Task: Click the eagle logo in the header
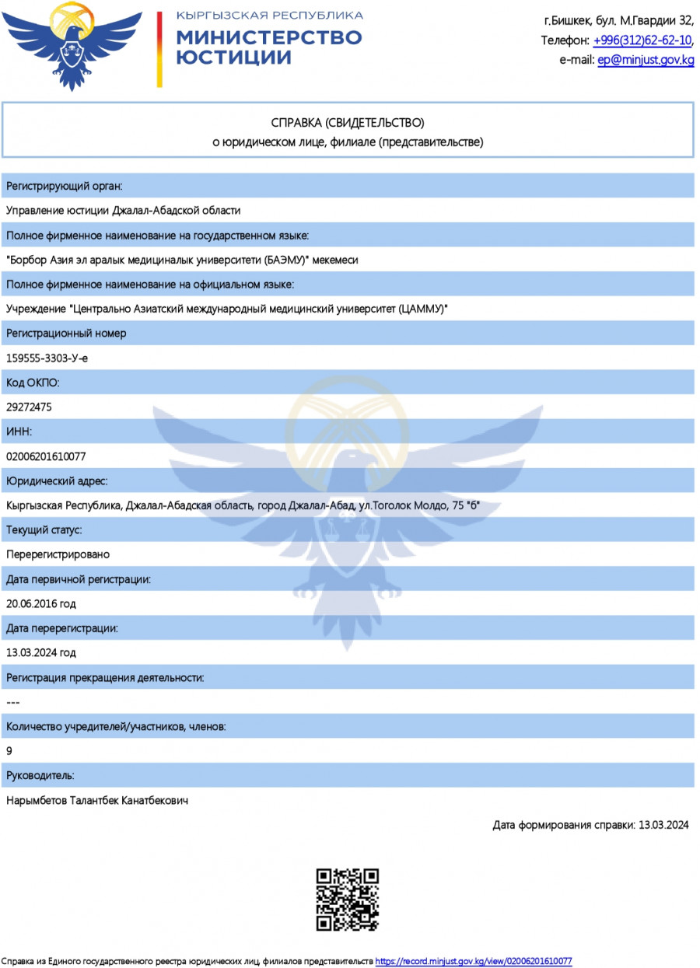coord(73,45)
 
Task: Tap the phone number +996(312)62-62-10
coord(642,40)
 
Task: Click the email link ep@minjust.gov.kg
coord(646,60)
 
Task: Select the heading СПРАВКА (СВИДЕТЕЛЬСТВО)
coord(348,123)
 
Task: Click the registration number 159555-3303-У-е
coord(47,358)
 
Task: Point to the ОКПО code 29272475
coord(30,407)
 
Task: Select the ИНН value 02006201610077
coord(46,456)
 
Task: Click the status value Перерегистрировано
coord(58,554)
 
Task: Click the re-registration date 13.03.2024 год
coord(40,652)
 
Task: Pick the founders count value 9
coord(9,751)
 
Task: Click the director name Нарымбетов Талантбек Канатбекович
coord(97,800)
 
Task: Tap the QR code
coord(347,900)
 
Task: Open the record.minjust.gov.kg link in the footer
coord(474,962)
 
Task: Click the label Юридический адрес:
coord(57,481)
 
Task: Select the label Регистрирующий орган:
coord(65,186)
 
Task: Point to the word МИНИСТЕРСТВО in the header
coord(269,37)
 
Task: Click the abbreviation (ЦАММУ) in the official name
coord(422,309)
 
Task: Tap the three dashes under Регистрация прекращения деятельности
coord(12,702)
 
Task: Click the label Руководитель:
coord(40,775)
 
